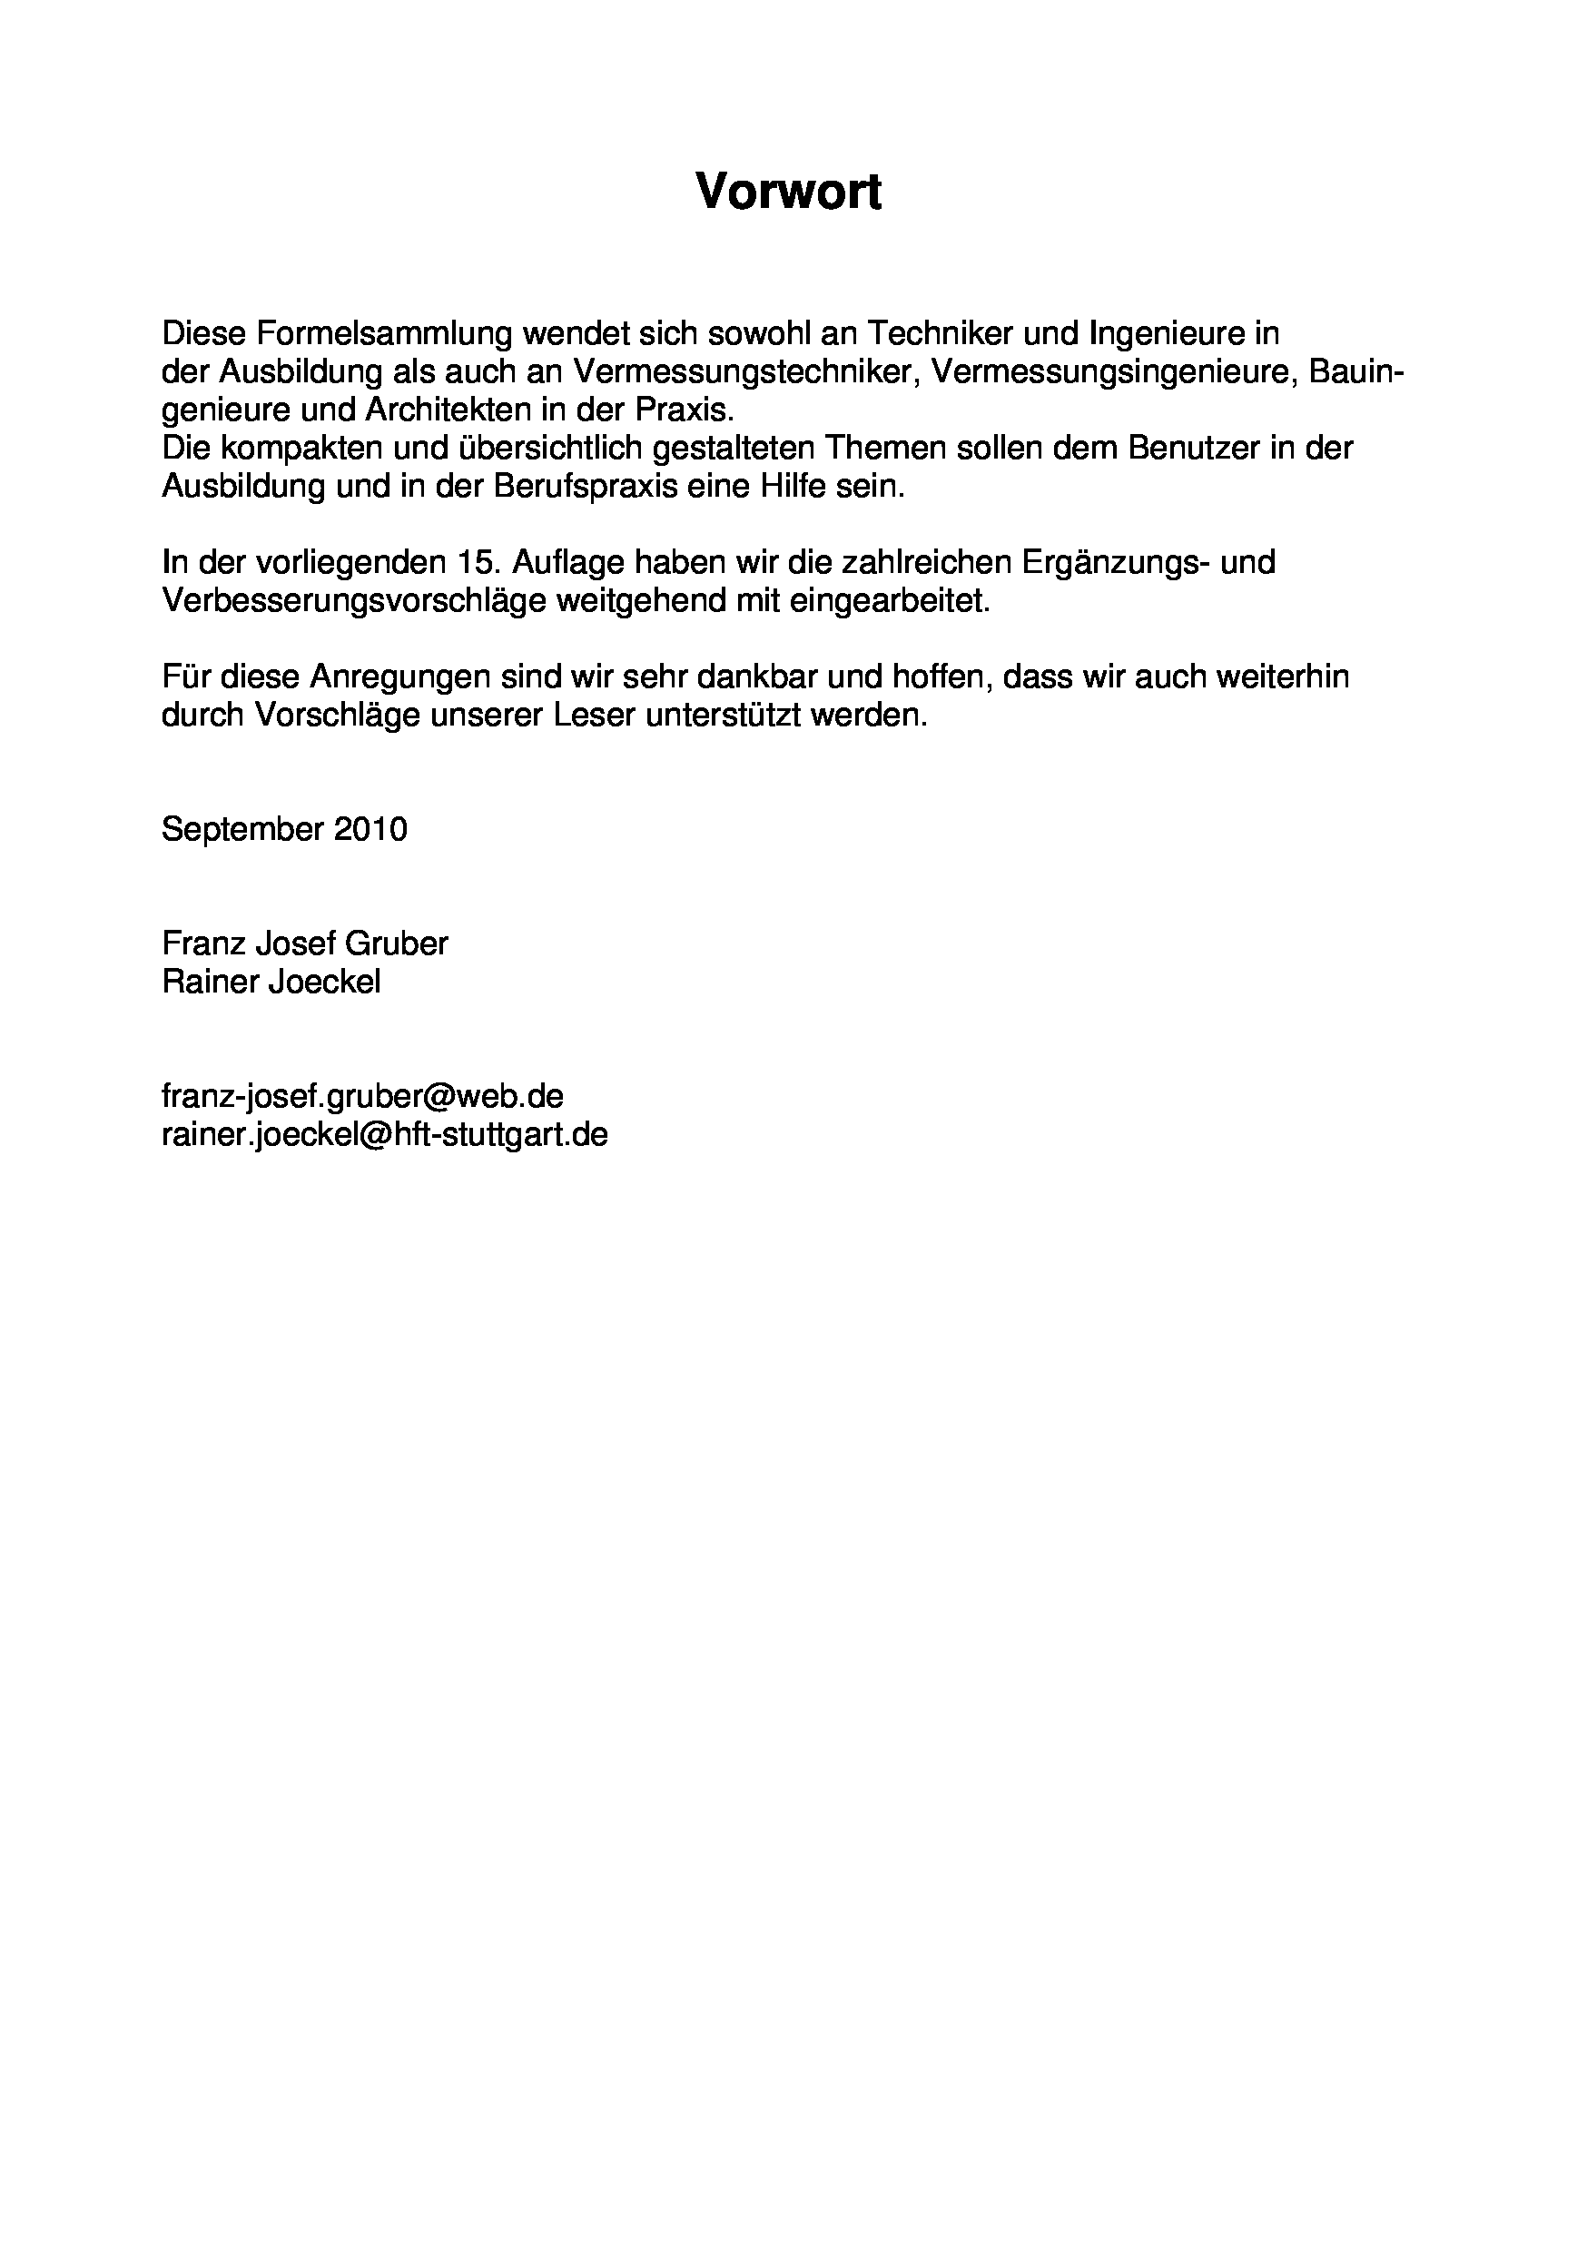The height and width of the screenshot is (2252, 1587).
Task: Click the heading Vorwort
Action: point(789,191)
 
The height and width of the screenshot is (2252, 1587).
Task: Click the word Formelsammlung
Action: point(384,334)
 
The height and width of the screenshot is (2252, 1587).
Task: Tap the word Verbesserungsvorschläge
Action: point(353,600)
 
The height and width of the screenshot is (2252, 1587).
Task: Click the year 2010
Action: point(370,830)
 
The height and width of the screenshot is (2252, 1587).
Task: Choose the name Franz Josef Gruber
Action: point(305,943)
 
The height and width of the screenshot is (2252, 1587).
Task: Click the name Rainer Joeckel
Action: point(271,982)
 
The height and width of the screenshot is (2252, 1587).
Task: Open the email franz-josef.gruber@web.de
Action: point(362,1097)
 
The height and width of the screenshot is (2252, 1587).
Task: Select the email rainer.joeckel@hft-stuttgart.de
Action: point(384,1135)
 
